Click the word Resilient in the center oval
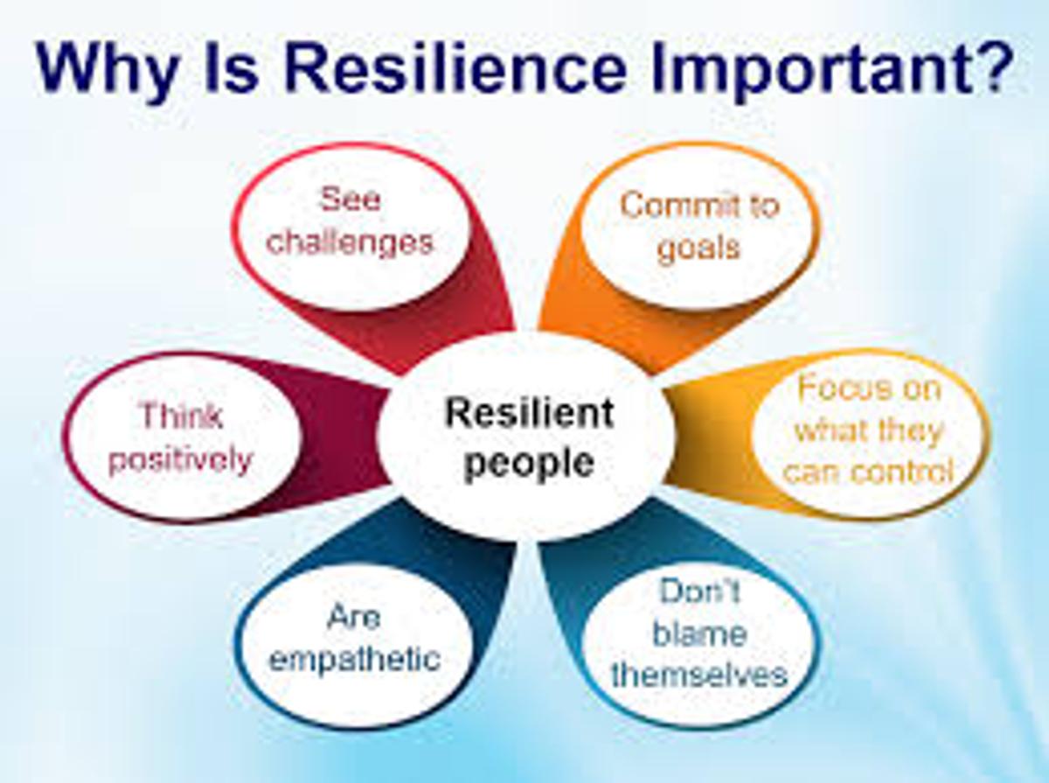pyautogui.click(x=529, y=413)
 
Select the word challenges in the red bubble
pyautogui.click(x=350, y=243)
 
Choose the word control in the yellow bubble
pyautogui.click(x=903, y=472)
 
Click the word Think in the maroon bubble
pyautogui.click(x=182, y=416)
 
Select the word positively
pyautogui.click(x=181, y=461)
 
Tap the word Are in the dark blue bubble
pyautogui.click(x=354, y=617)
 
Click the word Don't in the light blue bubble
pyautogui.click(x=699, y=591)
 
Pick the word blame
pyautogui.click(x=699, y=633)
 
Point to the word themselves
pyautogui.click(x=699, y=675)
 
